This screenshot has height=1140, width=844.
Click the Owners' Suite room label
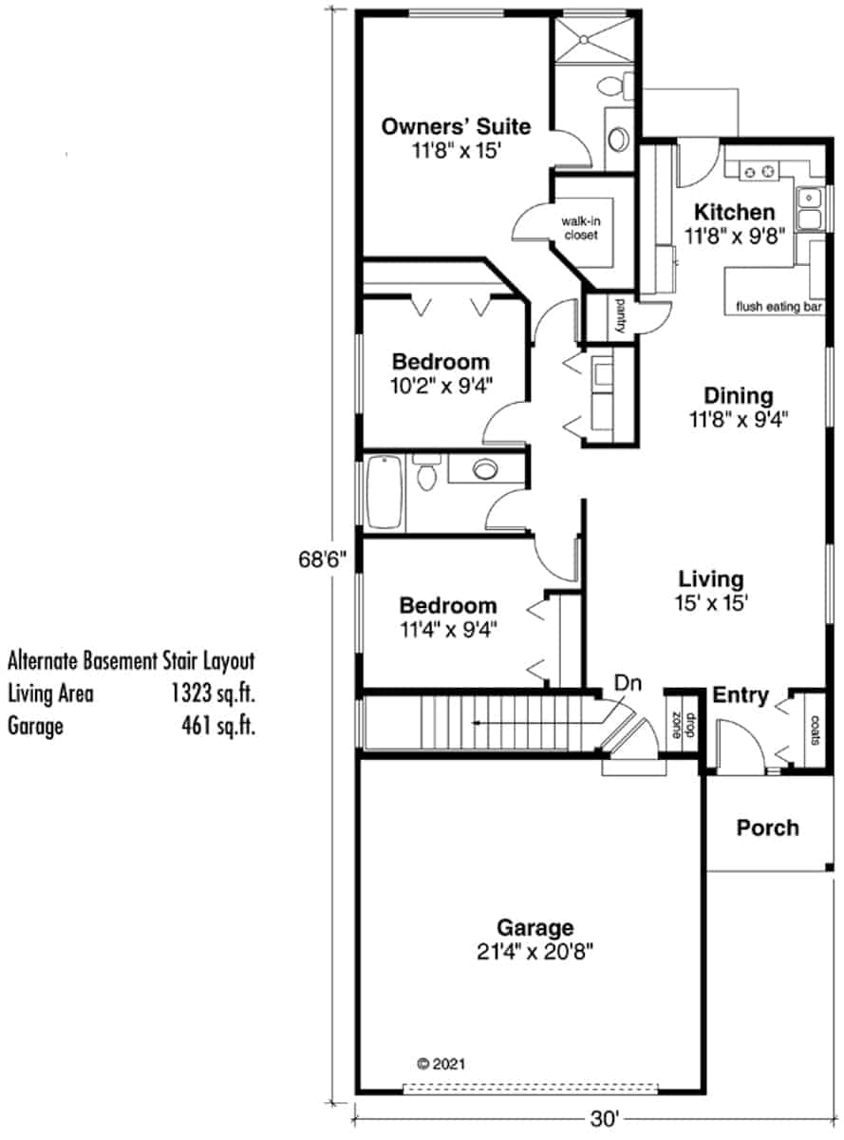pos(455,126)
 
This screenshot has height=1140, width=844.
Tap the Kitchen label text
pos(734,212)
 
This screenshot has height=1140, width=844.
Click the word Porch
pos(767,827)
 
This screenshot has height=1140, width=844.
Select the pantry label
pos(619,316)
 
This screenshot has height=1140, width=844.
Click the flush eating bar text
pos(778,307)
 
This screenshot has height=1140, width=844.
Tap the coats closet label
pos(815,730)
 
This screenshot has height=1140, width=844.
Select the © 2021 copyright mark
pos(441,1064)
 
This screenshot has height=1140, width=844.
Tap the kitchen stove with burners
pos(759,172)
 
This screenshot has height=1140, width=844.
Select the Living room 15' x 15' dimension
pos(711,601)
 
